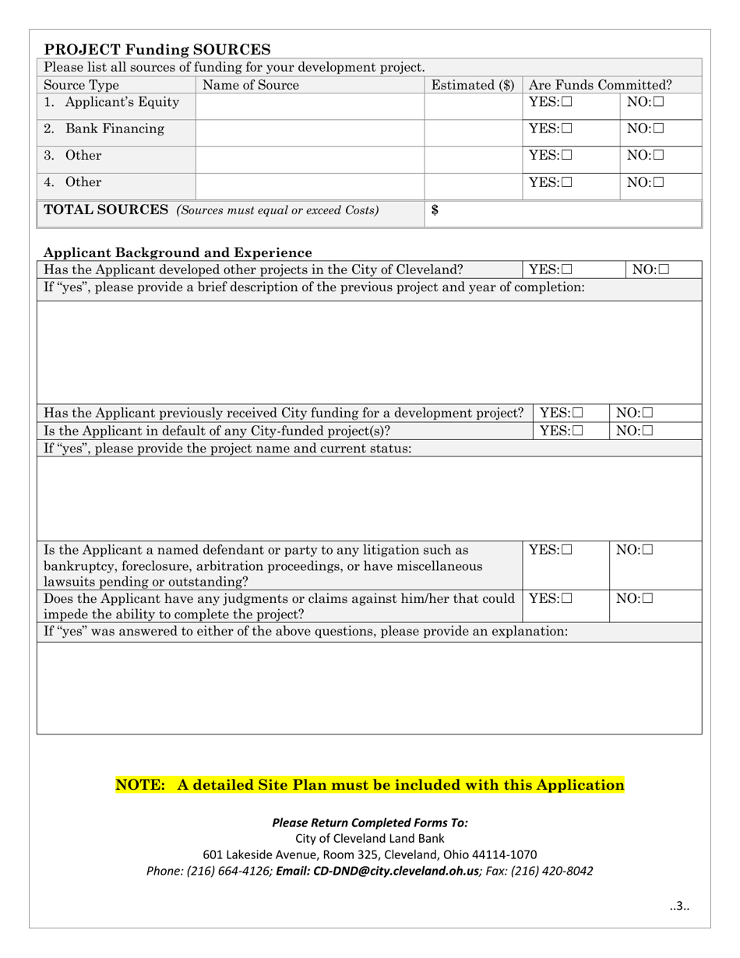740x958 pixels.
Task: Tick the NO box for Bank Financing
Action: coord(659,129)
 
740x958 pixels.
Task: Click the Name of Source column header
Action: coord(250,86)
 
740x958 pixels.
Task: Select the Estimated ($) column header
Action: coord(472,86)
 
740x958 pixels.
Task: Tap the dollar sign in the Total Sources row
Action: coord(435,210)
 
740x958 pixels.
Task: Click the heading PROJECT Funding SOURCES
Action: coord(157,50)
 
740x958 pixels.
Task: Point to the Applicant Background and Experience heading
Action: coord(178,252)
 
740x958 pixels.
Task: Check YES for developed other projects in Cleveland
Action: coord(566,270)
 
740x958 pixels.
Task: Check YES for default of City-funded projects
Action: coord(576,431)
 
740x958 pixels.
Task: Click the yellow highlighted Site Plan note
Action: coord(370,785)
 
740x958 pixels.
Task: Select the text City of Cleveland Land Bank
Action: coord(370,839)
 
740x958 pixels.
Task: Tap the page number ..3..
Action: coord(679,906)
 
